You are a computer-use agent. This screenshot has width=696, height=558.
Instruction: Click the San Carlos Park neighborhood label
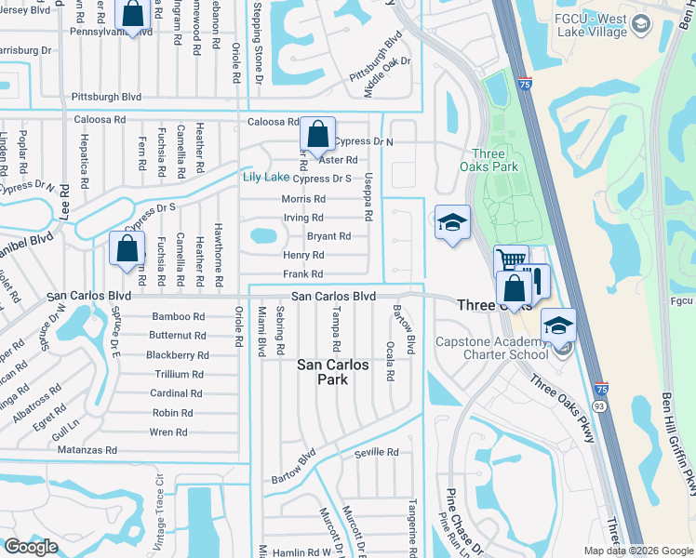point(334,372)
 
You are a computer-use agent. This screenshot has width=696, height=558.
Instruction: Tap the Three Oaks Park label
point(494,160)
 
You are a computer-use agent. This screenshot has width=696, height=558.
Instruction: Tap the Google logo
point(31,547)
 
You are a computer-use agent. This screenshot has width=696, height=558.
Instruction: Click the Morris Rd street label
point(303,199)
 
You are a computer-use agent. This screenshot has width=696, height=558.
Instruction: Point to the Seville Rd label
point(376,453)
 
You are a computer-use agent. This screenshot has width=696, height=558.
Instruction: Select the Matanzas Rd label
point(85,450)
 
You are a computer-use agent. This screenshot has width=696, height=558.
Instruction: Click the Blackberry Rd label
point(177,355)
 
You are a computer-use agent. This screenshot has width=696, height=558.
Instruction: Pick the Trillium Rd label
point(178,374)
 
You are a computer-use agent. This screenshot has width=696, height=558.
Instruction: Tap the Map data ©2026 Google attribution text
point(637,551)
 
